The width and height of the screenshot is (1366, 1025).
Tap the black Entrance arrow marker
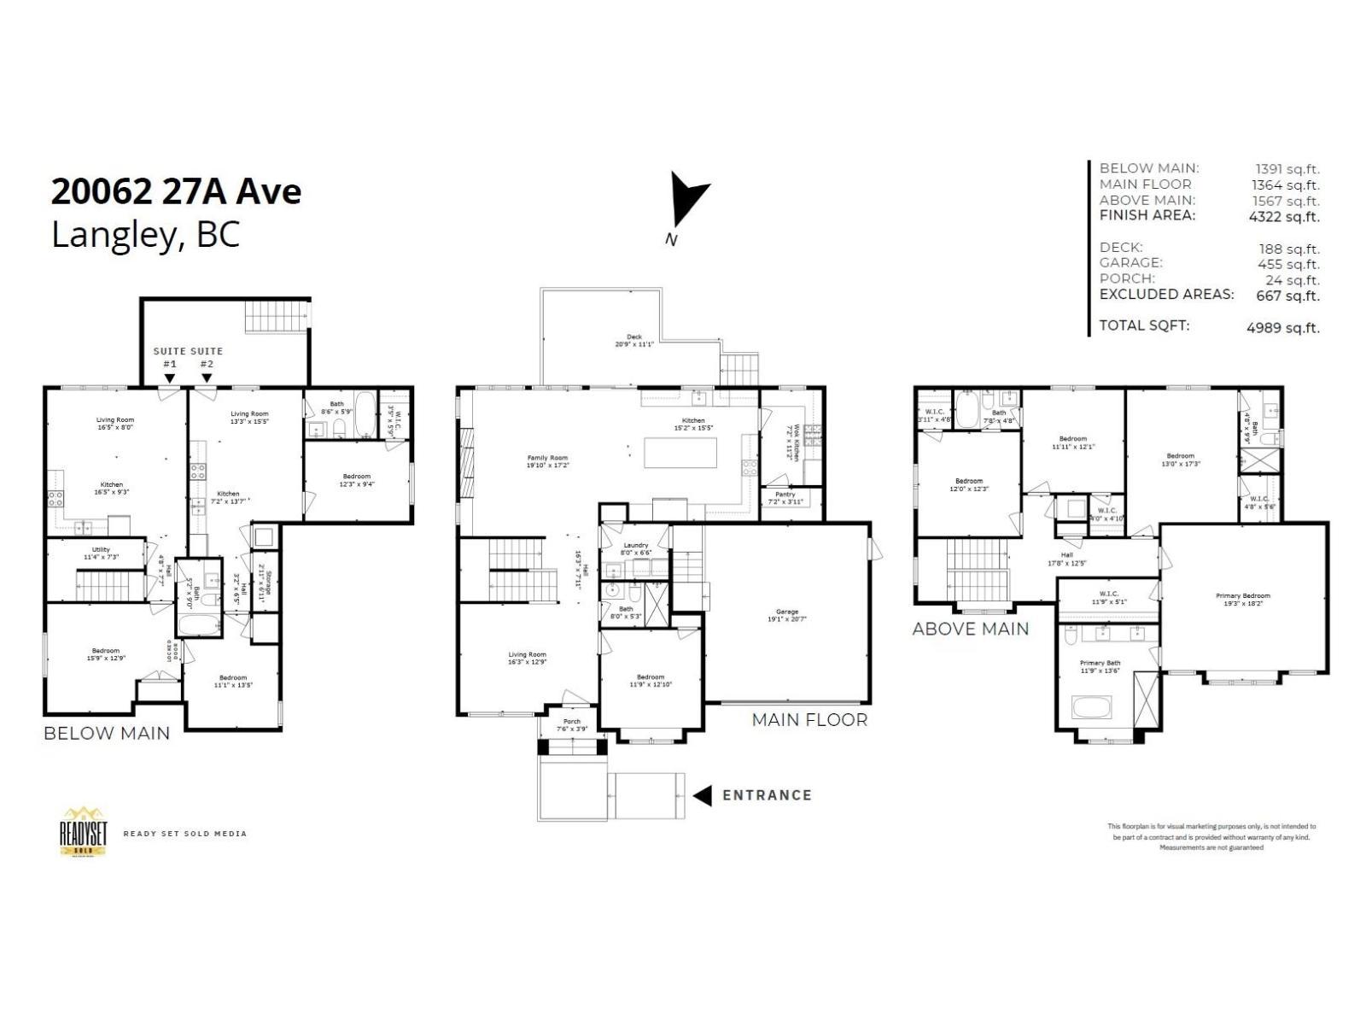point(702,795)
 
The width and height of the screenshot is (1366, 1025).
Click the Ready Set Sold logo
point(83,831)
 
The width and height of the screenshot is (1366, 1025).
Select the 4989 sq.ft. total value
point(1282,327)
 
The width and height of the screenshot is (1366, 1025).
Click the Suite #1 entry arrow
point(170,378)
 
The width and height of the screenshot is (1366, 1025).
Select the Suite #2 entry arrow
point(207,378)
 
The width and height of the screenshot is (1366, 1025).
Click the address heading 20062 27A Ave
point(176,191)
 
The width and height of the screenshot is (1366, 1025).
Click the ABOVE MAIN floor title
point(971,629)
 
